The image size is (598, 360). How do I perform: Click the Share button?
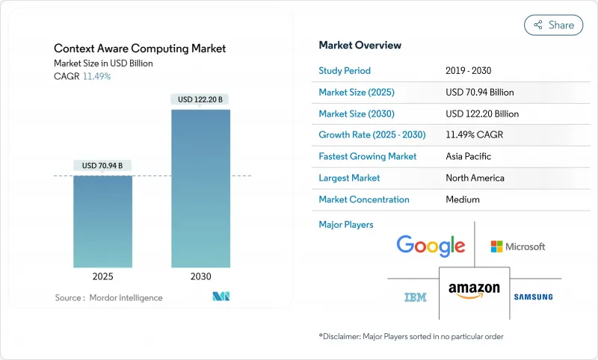pyautogui.click(x=554, y=25)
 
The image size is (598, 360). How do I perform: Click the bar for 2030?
pyautogui.click(x=200, y=188)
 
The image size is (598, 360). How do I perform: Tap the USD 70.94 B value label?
pyautogui.click(x=103, y=165)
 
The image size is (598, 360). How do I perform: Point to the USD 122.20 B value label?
pyautogui.click(x=200, y=99)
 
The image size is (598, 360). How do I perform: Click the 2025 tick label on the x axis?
pyautogui.click(x=103, y=276)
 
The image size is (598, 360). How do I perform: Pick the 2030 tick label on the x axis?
pyautogui.click(x=200, y=276)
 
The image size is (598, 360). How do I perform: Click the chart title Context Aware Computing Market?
pyautogui.click(x=140, y=49)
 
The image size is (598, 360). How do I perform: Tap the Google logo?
pyautogui.click(x=431, y=246)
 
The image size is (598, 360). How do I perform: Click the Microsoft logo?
pyautogui.click(x=518, y=246)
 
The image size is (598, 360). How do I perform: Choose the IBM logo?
pyautogui.click(x=416, y=297)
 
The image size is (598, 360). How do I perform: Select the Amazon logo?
pyautogui.click(x=474, y=291)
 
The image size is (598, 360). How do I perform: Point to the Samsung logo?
pyautogui.click(x=533, y=297)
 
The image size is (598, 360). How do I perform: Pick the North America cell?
pyautogui.click(x=475, y=178)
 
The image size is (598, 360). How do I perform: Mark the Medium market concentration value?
pyautogui.click(x=463, y=199)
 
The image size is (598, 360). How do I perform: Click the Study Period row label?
pyautogui.click(x=345, y=71)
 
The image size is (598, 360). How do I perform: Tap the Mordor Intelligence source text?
pyautogui.click(x=108, y=297)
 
